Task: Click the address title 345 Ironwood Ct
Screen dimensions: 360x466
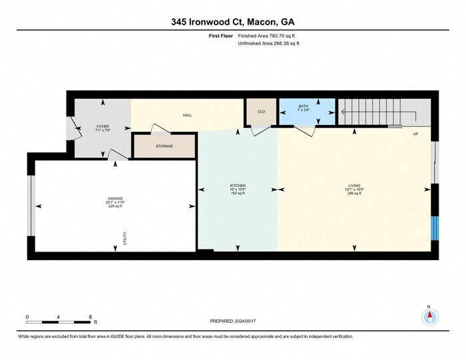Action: tap(232, 21)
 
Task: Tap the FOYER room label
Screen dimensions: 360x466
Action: tap(103, 125)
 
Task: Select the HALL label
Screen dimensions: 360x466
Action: tap(188, 115)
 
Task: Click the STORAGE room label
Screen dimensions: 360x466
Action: tap(164, 146)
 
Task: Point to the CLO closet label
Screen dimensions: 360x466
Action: tap(261, 111)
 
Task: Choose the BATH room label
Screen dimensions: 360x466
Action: tap(303, 106)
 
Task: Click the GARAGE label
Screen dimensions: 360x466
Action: tap(115, 198)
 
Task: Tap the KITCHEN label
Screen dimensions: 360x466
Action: tap(238, 185)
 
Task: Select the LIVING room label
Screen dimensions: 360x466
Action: tap(354, 185)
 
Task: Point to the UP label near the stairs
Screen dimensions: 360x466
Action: tap(415, 134)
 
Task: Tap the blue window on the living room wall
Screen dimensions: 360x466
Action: tap(435, 228)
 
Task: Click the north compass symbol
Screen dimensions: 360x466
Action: tap(430, 315)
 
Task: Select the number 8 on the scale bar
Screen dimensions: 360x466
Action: tap(90, 316)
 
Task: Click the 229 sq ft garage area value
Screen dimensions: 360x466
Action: tap(115, 206)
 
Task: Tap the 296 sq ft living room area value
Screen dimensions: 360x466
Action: tap(354, 193)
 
